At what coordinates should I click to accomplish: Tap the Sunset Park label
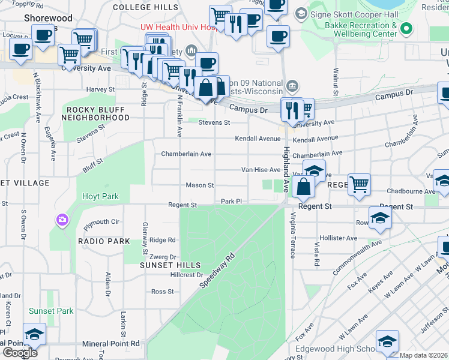click(x=51, y=311)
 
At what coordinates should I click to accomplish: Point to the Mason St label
click(x=200, y=185)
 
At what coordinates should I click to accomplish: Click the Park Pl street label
click(x=231, y=202)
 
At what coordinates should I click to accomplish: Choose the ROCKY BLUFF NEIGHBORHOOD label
click(x=97, y=113)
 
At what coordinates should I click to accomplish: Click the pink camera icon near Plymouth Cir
click(x=62, y=220)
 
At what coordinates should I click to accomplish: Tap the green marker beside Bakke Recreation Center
click(x=408, y=29)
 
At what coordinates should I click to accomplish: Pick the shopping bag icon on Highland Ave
click(x=304, y=187)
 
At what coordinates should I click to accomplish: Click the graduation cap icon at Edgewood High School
click(x=387, y=341)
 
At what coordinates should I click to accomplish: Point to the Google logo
click(x=20, y=352)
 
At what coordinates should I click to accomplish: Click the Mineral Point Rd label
click(x=111, y=344)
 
